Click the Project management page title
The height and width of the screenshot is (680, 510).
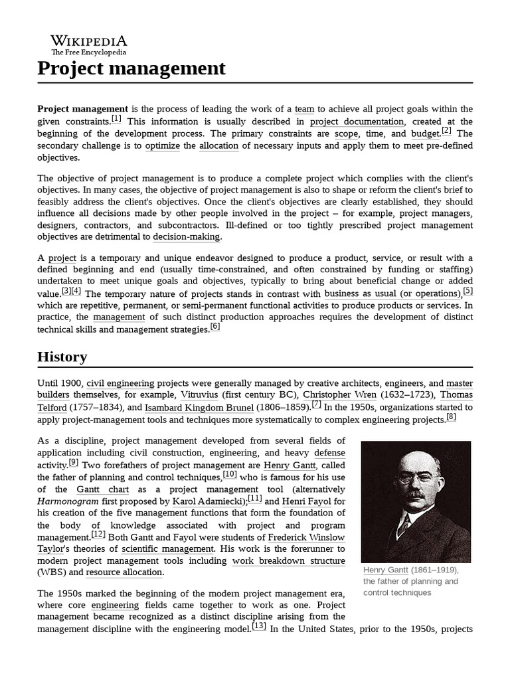131,68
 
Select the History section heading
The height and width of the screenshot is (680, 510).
62,357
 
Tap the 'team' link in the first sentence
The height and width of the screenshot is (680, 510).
304,109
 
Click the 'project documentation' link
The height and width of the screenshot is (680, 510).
357,122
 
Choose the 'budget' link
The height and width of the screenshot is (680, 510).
426,133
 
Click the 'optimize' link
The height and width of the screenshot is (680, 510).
162,145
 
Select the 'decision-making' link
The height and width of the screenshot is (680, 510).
187,236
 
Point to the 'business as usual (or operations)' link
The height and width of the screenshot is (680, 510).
392,294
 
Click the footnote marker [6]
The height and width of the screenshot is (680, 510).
214,327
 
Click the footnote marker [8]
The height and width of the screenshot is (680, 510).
451,417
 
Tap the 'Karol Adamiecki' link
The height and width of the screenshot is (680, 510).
209,501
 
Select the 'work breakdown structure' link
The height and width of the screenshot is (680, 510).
288,560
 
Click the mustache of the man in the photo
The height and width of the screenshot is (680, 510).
416,494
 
